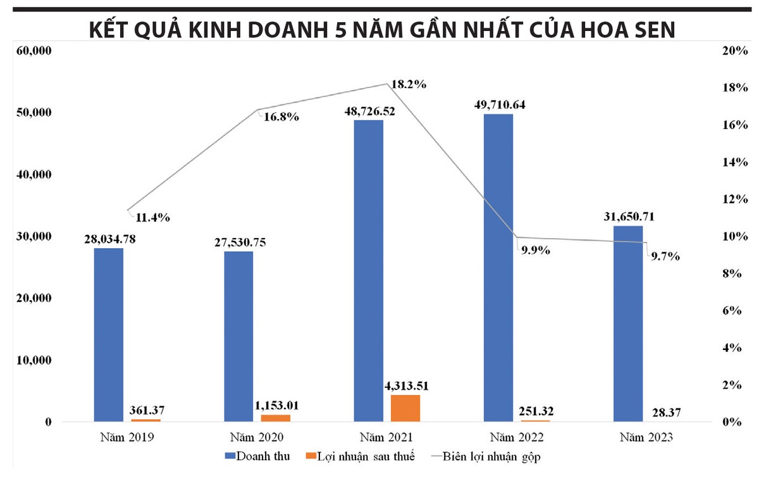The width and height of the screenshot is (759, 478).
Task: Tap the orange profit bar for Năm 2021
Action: point(405,408)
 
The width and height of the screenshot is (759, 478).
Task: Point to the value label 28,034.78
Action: point(109,239)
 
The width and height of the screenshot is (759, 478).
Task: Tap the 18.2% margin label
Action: point(409,84)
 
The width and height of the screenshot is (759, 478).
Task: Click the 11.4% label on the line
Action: point(152,218)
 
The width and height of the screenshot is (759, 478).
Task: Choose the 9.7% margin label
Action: point(663,256)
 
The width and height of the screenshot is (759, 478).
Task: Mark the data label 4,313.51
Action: point(405,385)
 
